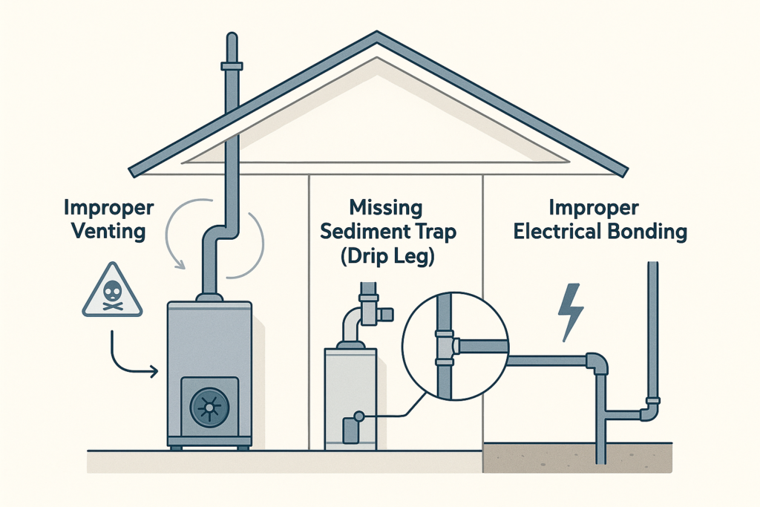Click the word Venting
point(108,230)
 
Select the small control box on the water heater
point(350,429)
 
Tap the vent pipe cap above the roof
point(232,65)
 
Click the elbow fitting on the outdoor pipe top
point(597,362)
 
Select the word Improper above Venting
point(108,206)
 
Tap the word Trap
point(430,232)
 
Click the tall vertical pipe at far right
point(652,327)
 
